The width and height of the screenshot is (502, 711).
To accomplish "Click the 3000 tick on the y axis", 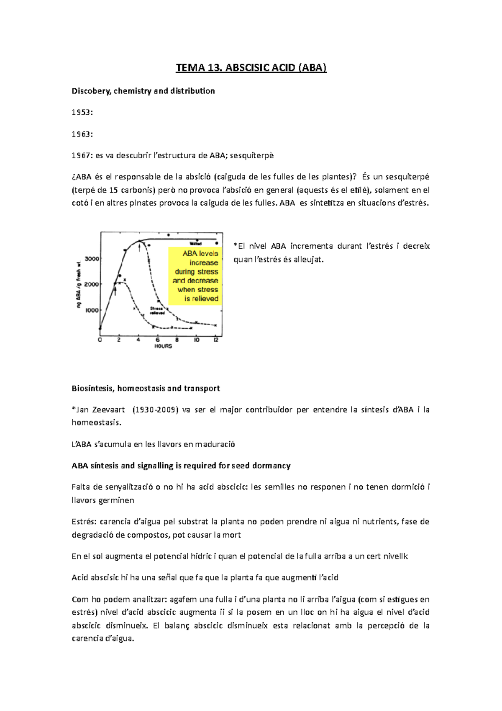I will click(92, 259).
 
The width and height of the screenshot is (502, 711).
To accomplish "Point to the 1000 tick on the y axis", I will click(92, 310).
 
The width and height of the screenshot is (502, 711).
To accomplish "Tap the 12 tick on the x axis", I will click(216, 340).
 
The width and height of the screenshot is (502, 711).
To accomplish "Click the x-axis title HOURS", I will click(163, 346).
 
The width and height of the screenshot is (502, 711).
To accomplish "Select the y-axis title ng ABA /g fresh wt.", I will click(78, 285).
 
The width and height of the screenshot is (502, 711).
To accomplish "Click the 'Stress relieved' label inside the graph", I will click(157, 311).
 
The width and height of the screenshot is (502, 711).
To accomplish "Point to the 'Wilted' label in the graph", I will click(196, 243).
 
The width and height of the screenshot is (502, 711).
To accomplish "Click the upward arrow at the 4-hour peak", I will click(139, 247).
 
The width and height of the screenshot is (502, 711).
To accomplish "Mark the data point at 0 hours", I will click(100, 329).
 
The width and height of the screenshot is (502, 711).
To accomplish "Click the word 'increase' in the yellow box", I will click(204, 263).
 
